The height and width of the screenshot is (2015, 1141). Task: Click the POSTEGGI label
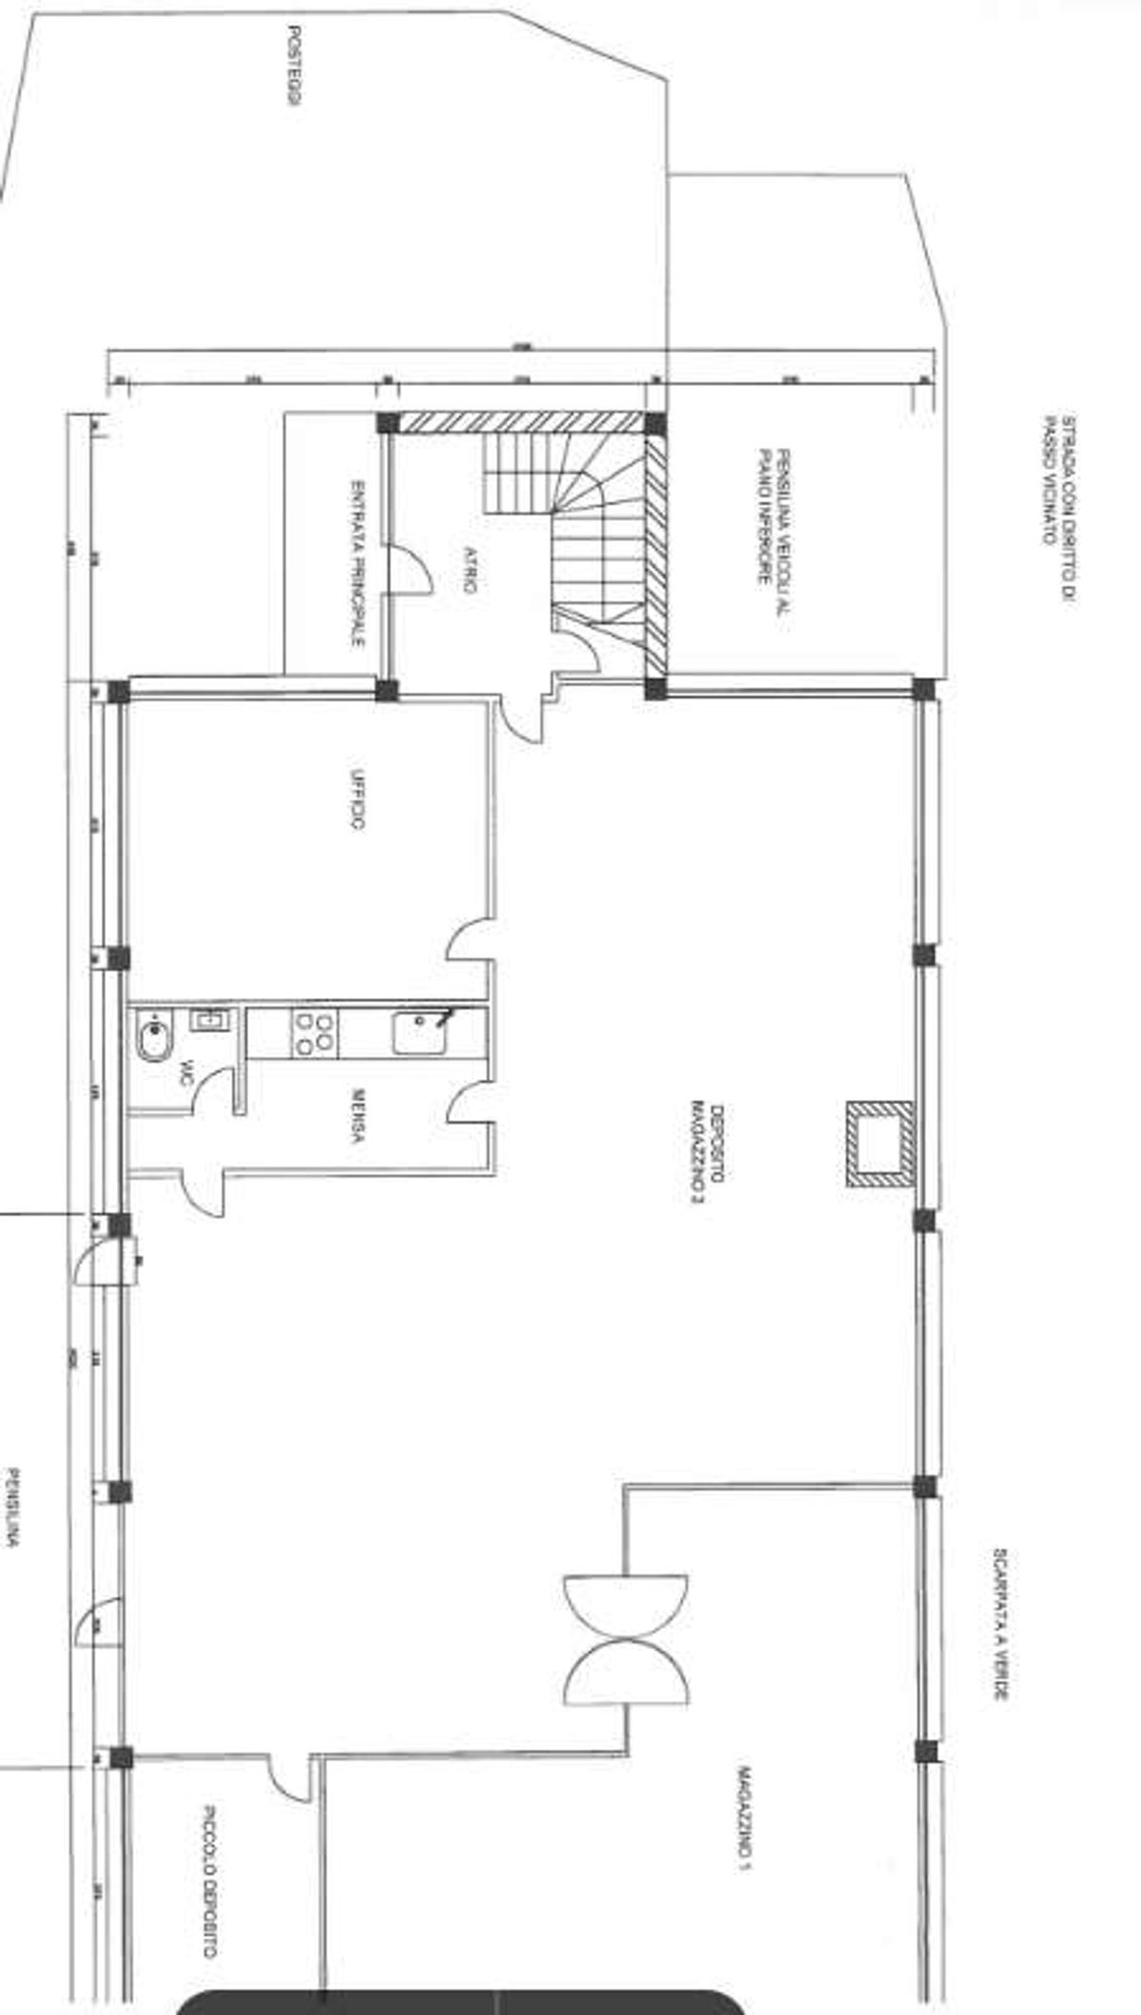pyautogui.click(x=295, y=66)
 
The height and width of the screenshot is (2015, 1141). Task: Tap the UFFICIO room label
pyautogui.click(x=357, y=799)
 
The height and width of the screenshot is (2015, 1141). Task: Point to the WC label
pyautogui.click(x=186, y=1074)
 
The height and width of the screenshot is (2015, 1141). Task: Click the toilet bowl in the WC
pyautogui.click(x=153, y=1039)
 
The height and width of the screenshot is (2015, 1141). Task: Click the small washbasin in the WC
pyautogui.click(x=209, y=1020)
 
